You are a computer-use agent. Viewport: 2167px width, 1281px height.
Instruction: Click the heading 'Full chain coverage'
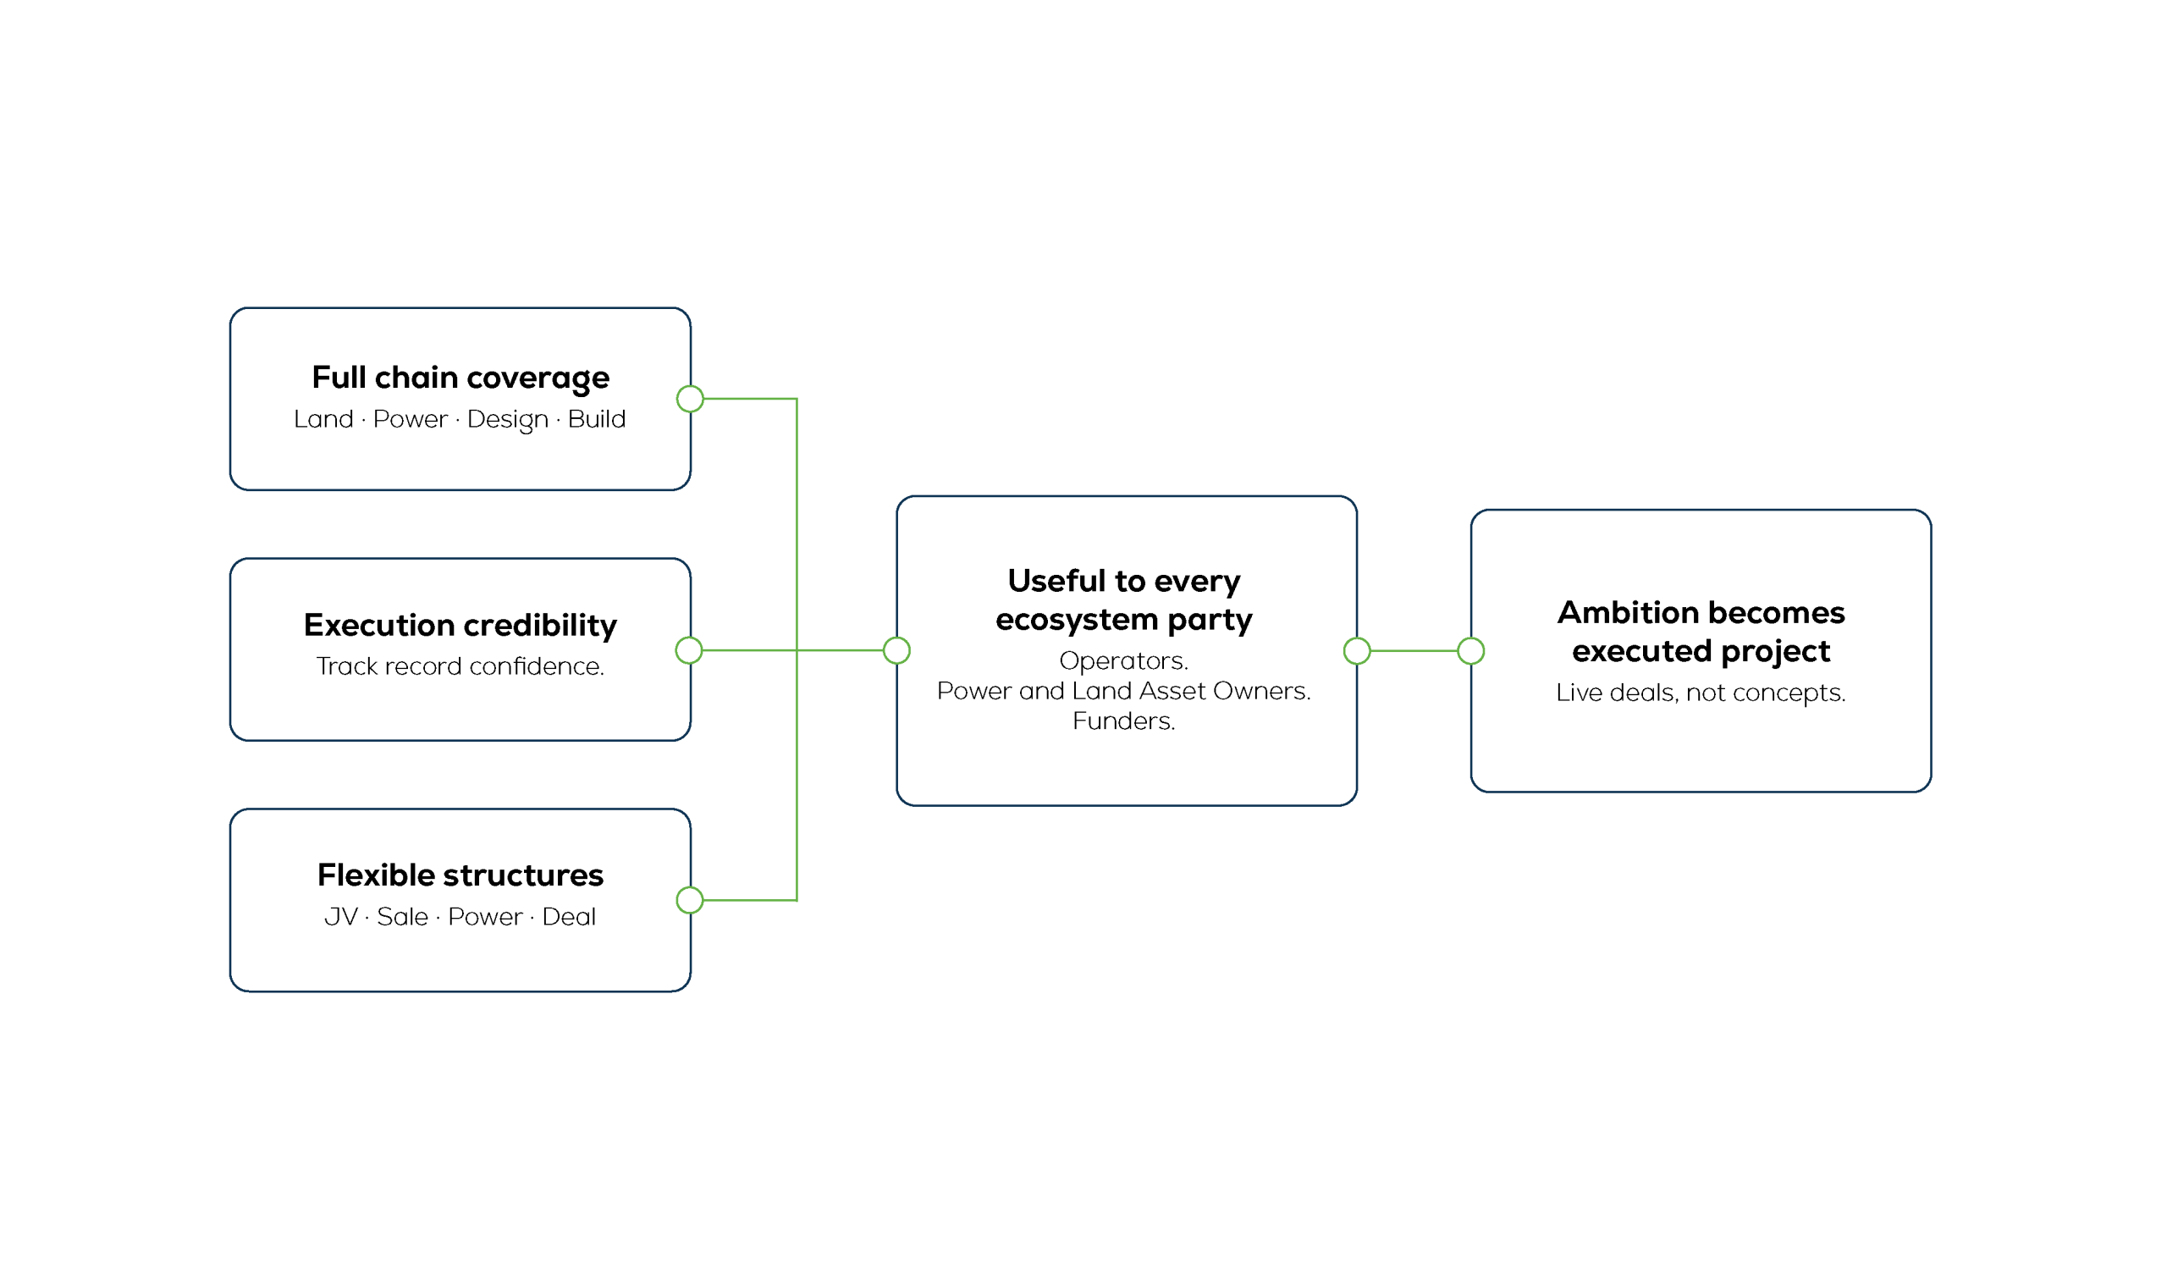coord(460,378)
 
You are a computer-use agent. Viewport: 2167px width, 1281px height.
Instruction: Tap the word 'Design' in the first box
coord(507,419)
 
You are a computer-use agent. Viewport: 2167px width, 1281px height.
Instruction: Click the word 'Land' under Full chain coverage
coord(323,418)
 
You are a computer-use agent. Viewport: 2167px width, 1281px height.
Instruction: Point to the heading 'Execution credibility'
coord(460,625)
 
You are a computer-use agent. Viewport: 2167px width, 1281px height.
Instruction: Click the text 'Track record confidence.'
coord(460,666)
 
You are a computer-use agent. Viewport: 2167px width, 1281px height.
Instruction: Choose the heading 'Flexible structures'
coord(460,875)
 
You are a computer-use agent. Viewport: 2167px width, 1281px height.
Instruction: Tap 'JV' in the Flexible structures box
coord(341,917)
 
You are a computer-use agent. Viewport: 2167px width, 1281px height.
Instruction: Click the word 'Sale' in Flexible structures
coord(402,917)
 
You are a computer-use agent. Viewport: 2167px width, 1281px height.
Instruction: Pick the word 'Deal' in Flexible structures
coord(569,917)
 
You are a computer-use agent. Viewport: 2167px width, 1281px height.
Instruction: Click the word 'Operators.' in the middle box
coord(1123,660)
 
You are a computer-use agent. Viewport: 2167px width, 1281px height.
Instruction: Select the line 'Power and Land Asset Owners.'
coord(1123,691)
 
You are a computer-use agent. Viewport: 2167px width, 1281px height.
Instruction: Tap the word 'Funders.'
coord(1123,721)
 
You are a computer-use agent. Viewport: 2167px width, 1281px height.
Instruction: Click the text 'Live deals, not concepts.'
coord(1700,693)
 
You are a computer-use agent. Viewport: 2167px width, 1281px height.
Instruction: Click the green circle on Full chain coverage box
coord(691,399)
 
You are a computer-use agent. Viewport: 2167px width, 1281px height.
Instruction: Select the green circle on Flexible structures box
coord(690,900)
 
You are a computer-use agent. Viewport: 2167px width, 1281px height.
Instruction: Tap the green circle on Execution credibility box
coord(689,650)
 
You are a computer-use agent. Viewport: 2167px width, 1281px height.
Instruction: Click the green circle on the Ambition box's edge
coord(1470,651)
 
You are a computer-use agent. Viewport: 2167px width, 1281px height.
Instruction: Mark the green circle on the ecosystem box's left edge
coord(896,650)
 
